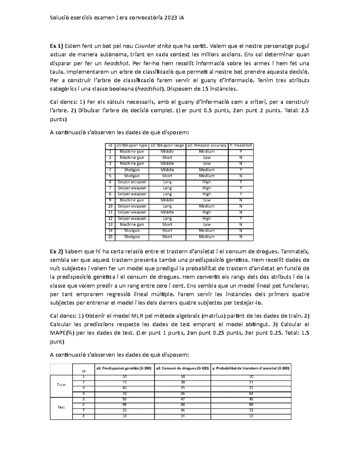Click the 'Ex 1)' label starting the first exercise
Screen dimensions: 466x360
[56, 46]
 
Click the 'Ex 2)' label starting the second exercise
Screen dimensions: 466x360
[56, 251]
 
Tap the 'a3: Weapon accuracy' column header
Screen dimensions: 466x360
[207, 146]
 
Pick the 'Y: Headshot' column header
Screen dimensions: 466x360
[241, 146]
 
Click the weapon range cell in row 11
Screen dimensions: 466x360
[167, 212]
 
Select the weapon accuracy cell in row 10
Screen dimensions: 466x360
[207, 206]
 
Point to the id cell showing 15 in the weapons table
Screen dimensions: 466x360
[110, 237]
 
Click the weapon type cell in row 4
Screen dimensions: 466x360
[132, 170]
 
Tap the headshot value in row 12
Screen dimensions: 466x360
[241, 218]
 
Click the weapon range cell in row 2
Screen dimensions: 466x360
[167, 158]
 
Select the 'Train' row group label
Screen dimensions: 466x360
[61, 385]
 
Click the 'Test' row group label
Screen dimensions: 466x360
[61, 407]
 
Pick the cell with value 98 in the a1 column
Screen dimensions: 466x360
[124, 405]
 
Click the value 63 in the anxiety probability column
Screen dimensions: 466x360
[251, 393]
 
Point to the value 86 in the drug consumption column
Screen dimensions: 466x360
[182, 405]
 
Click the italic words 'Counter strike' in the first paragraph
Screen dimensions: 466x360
[153, 46]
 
